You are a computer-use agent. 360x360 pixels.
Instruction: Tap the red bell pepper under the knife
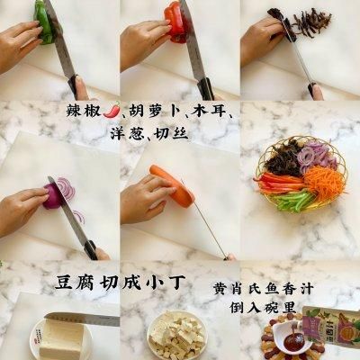(174, 22)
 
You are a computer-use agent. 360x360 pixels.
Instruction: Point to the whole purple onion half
(51, 196)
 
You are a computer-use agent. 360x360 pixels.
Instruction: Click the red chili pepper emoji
(112, 110)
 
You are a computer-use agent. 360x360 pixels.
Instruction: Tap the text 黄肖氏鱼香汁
(264, 290)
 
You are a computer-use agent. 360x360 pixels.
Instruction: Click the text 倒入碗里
(263, 307)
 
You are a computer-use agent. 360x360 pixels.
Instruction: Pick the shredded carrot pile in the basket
(324, 179)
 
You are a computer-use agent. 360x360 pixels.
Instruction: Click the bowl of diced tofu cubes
(176, 336)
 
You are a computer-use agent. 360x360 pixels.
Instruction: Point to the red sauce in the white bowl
(290, 340)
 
